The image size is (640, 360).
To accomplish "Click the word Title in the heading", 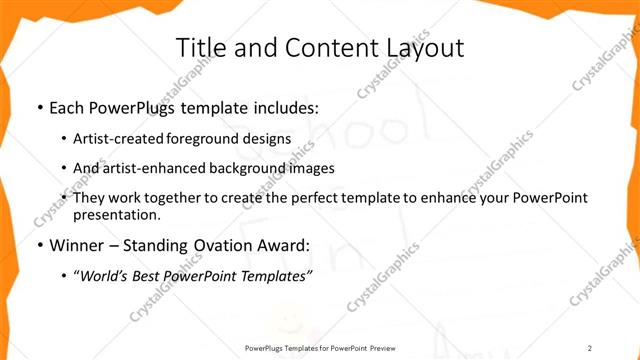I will click(200, 48).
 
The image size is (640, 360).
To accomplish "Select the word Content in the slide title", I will click(311, 48).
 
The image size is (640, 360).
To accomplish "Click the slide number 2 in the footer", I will click(590, 346).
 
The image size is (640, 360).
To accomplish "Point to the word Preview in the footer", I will click(377, 346).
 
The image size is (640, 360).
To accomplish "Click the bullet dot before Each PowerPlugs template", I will click(39, 106).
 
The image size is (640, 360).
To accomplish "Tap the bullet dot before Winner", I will click(39, 243).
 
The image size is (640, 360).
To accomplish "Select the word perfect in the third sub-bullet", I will click(312, 198).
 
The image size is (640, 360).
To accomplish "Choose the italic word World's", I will click(106, 274).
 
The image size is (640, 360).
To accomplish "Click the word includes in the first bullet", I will click(286, 106).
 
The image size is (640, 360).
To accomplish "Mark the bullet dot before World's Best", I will click(65, 274).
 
